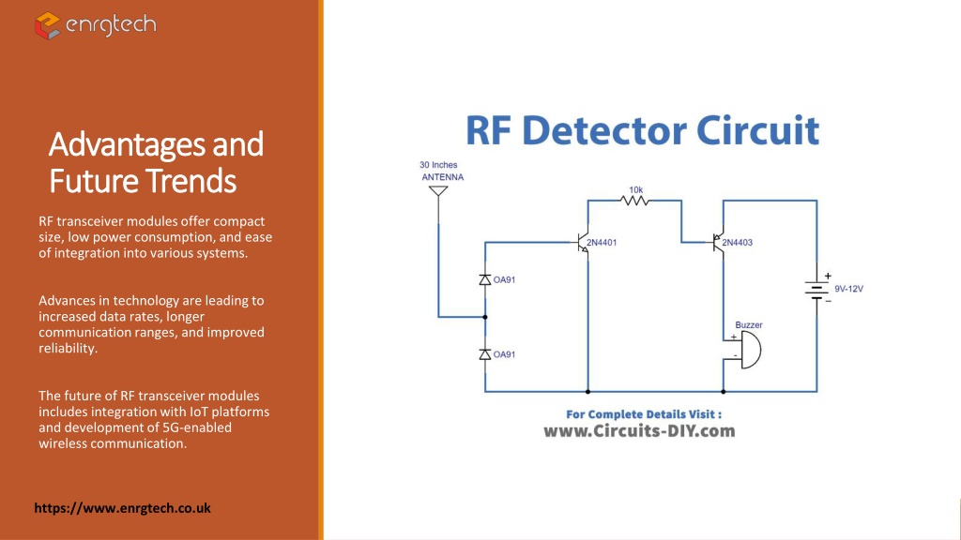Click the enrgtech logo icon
[x=47, y=25]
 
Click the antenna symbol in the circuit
[x=438, y=191]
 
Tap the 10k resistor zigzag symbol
[x=634, y=201]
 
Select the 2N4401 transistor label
[x=602, y=243]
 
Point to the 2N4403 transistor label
[x=738, y=243]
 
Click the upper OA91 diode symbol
[x=485, y=279]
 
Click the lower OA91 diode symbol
[x=485, y=353]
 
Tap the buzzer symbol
[x=749, y=351]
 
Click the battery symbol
[x=816, y=289]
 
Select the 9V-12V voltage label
[x=848, y=289]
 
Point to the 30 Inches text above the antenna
[x=438, y=165]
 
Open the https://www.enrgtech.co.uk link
[x=123, y=508]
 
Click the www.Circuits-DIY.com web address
[x=639, y=431]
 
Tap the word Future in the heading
[x=92, y=181]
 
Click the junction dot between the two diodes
[x=485, y=317]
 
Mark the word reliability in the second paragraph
[x=68, y=349]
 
